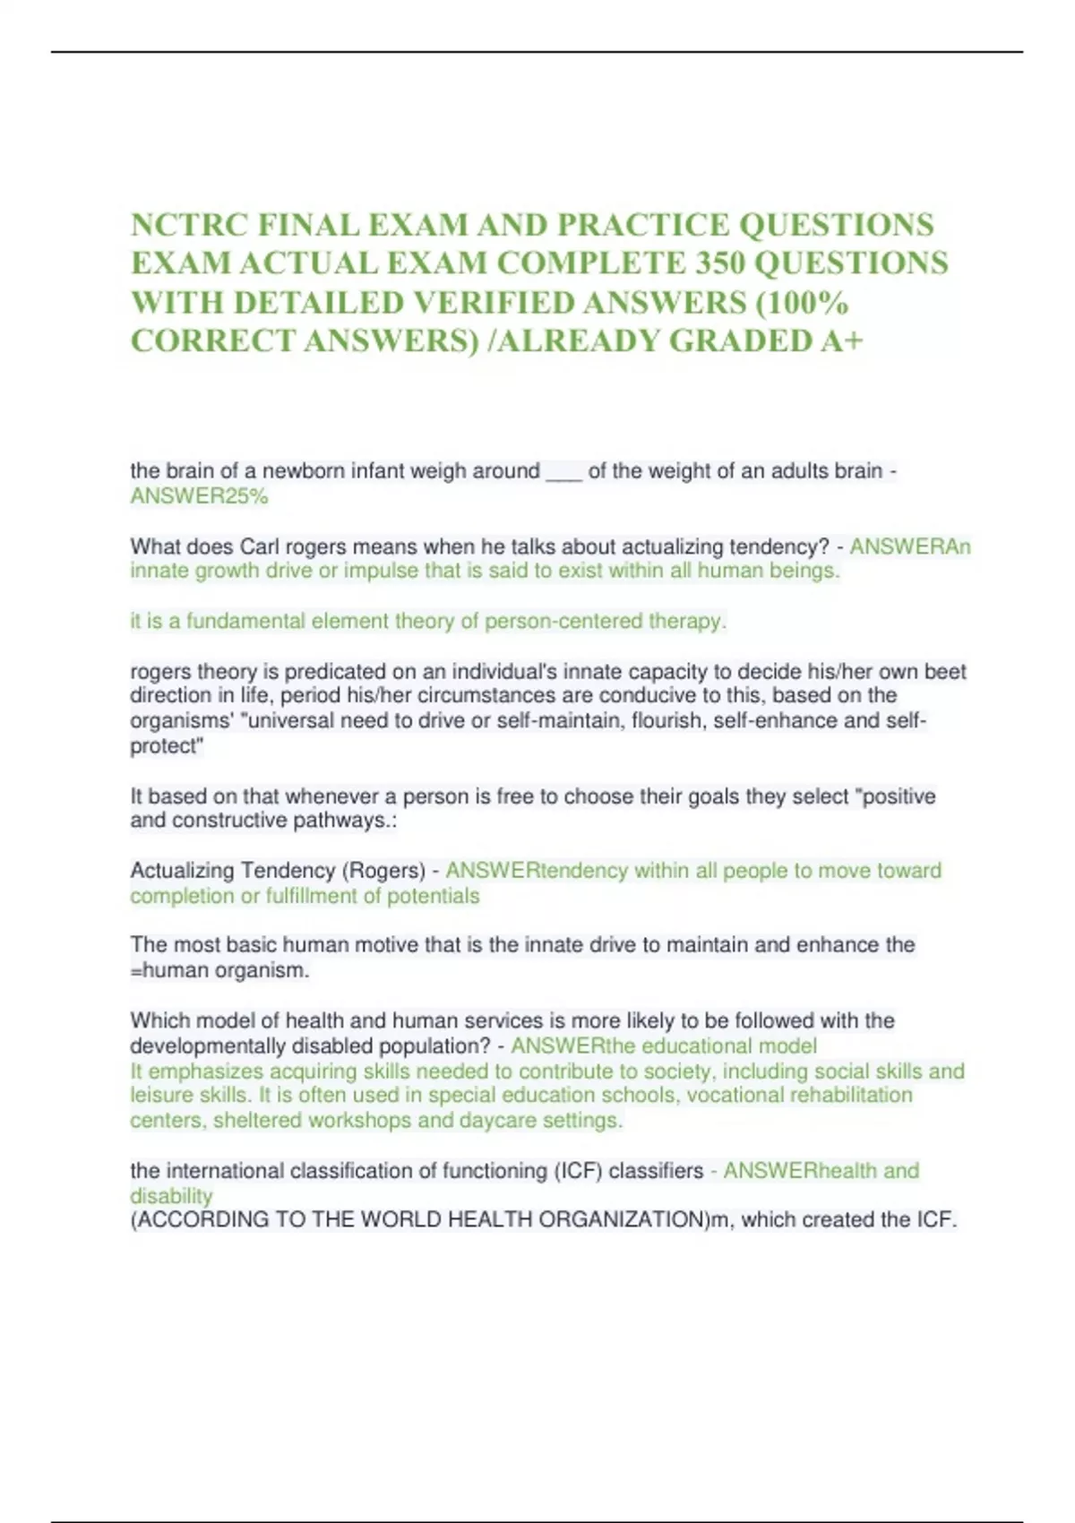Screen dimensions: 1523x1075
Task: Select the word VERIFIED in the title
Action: (x=494, y=303)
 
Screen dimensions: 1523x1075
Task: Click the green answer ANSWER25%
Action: (x=199, y=496)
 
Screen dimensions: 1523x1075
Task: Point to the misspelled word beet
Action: (x=945, y=672)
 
